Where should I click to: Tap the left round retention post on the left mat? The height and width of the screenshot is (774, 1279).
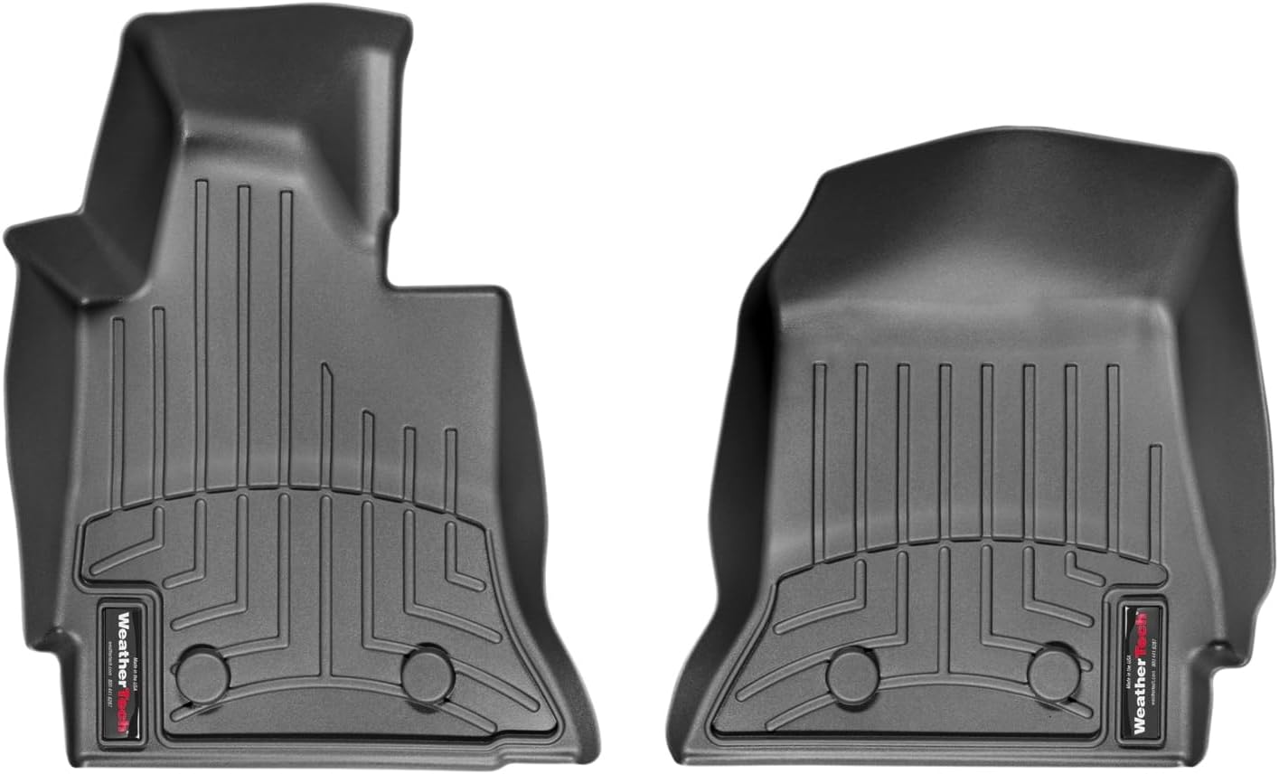coord(202,674)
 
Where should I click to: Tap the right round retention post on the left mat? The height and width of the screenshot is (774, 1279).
coord(428,674)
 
